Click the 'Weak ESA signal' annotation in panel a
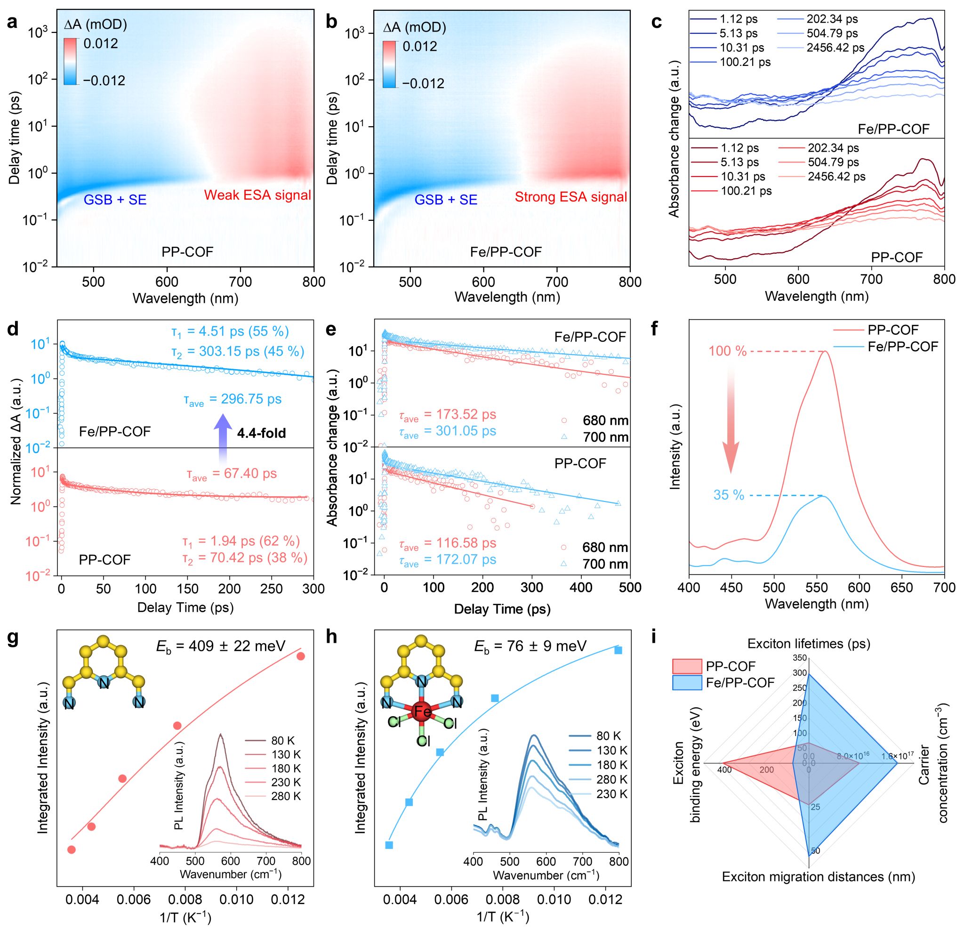point(257,195)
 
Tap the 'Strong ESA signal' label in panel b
point(570,197)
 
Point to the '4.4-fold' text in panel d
point(261,433)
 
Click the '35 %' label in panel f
point(728,495)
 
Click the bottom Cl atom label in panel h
point(423,741)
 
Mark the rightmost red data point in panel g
point(301,656)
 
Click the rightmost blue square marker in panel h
point(618,650)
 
